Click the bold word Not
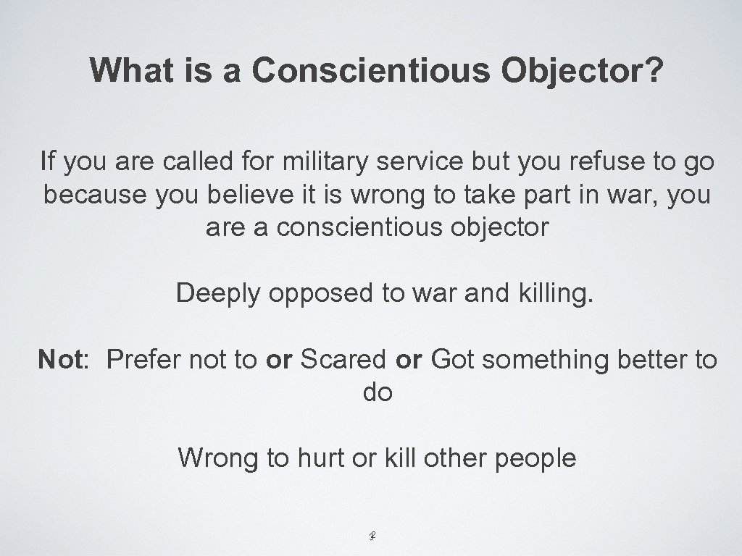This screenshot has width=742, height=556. click(x=60, y=360)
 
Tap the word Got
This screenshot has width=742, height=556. click(x=452, y=360)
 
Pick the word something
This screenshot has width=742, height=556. click(x=546, y=360)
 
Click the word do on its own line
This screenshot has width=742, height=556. click(x=377, y=393)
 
